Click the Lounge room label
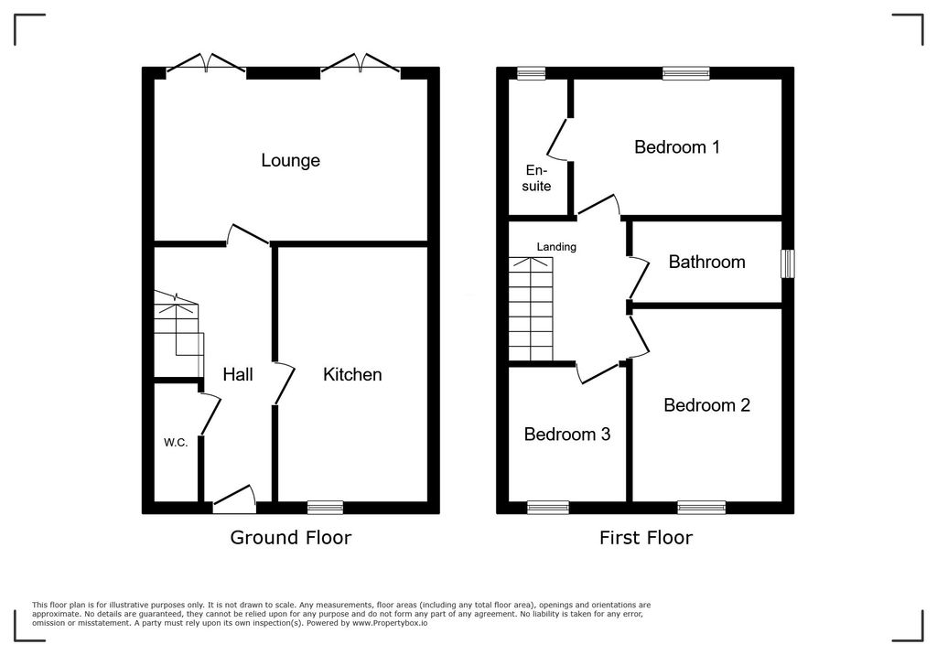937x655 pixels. (x=290, y=160)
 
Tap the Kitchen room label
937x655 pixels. (x=352, y=374)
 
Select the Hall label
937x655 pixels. (x=238, y=374)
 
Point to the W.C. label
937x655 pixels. (x=176, y=443)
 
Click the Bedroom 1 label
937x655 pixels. (x=677, y=147)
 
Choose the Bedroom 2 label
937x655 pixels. (x=707, y=405)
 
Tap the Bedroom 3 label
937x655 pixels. (x=567, y=434)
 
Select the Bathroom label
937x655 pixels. (x=707, y=262)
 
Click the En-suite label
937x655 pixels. (x=536, y=178)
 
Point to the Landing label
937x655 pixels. (x=556, y=246)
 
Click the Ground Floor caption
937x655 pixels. (x=290, y=537)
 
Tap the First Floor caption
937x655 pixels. (x=646, y=537)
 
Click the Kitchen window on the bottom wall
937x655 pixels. (x=325, y=508)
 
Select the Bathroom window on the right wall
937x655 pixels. (x=788, y=263)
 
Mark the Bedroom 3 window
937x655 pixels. (x=548, y=508)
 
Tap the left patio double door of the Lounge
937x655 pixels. (x=206, y=65)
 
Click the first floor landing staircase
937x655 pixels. (x=531, y=309)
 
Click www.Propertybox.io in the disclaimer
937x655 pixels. (x=390, y=623)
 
